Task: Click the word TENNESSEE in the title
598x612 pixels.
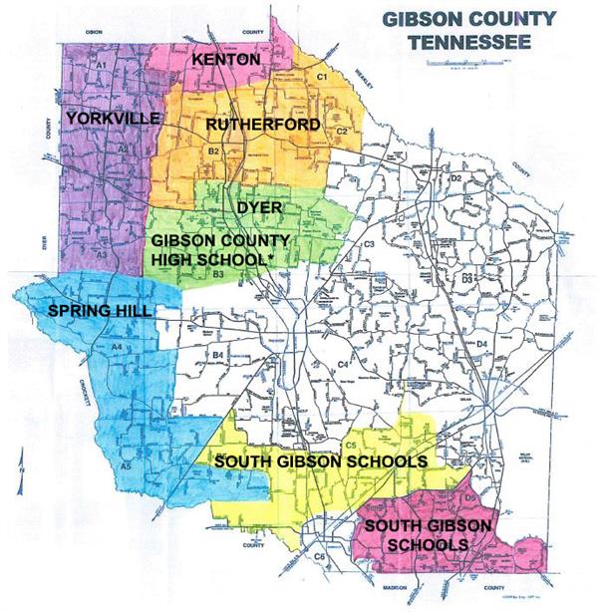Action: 460,43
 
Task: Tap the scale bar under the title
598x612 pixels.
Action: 461,63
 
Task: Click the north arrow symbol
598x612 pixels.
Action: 22,461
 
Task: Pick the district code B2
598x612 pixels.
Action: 212,151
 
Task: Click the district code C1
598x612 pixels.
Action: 322,77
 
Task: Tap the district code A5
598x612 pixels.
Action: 127,465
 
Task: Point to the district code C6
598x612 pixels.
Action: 320,555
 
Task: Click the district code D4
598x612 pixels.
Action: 480,344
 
